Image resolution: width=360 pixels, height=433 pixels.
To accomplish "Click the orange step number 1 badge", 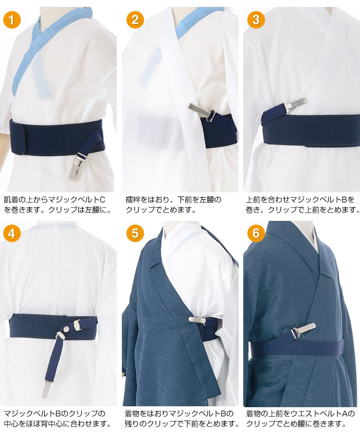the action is click(12, 20).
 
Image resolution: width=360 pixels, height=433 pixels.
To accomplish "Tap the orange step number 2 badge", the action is click(135, 20).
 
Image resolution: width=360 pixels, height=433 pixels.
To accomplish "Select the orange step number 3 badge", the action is click(256, 20).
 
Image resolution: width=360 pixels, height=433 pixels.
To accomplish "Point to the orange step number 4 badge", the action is click(12, 233).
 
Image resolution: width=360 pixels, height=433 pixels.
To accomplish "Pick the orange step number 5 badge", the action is click(135, 233).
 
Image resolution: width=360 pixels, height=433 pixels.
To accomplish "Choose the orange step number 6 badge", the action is click(256, 233).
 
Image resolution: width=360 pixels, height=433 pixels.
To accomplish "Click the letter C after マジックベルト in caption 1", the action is click(102, 200).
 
